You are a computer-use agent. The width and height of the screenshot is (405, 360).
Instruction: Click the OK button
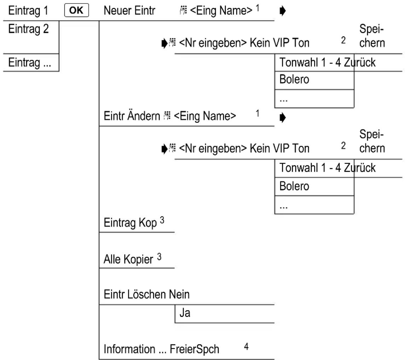click(76, 10)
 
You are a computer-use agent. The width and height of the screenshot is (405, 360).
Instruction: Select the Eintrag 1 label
click(28, 11)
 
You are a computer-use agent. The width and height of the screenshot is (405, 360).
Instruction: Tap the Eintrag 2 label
click(28, 29)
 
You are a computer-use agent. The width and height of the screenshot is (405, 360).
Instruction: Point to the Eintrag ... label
click(30, 63)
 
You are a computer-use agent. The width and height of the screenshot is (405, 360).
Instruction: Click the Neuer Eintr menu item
click(129, 11)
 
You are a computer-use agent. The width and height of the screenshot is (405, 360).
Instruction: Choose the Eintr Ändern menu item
click(132, 116)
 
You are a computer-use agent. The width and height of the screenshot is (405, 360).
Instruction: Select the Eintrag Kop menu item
click(130, 223)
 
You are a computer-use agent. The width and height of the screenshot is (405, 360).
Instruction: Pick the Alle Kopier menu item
click(128, 259)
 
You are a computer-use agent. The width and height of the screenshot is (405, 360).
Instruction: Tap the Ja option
click(185, 313)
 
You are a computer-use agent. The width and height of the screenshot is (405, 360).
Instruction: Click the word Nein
click(179, 295)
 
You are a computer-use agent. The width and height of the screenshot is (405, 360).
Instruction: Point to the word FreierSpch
click(194, 349)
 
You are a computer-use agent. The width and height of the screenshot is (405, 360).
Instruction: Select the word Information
click(129, 349)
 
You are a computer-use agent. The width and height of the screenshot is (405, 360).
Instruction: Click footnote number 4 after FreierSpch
click(246, 347)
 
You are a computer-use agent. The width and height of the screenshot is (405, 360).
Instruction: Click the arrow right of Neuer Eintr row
click(283, 11)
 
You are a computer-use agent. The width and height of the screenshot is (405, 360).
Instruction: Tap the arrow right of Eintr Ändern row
click(283, 118)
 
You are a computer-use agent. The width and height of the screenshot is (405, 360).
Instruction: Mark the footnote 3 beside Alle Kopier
click(159, 257)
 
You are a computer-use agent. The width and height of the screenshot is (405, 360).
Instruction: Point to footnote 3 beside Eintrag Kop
click(162, 220)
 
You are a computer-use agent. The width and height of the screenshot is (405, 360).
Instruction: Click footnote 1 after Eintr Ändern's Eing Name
click(257, 113)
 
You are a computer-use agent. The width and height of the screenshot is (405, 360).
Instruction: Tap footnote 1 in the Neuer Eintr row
click(257, 8)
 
